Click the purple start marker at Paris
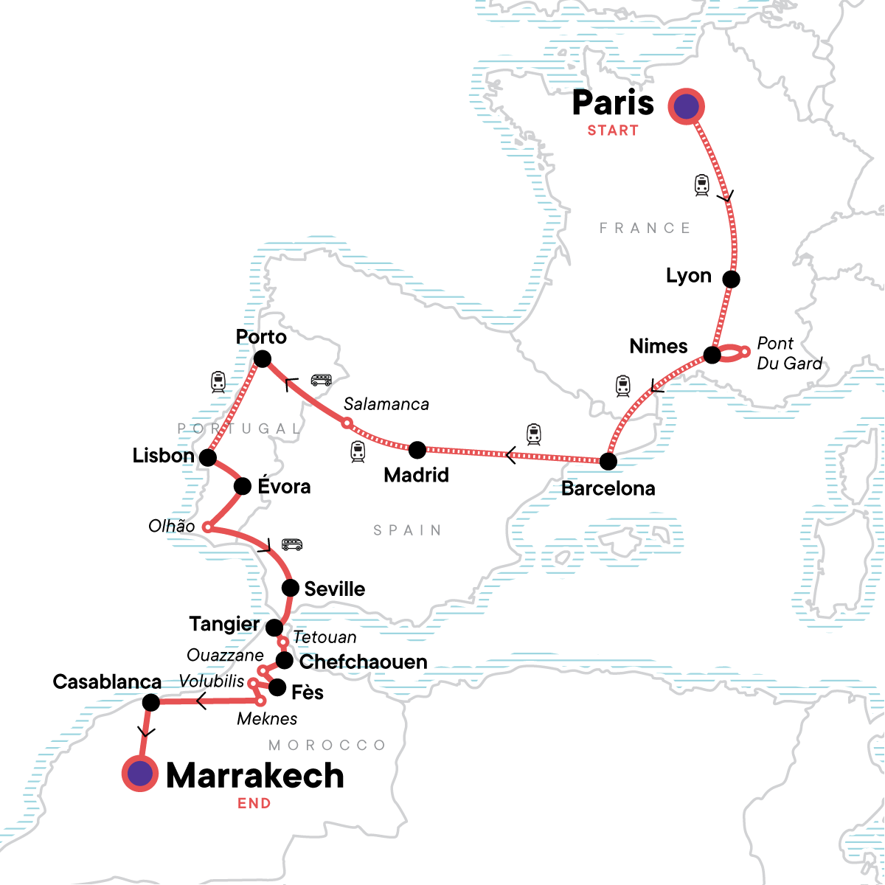click(687, 106)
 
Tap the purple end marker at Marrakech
click(140, 774)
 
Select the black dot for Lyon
click(731, 279)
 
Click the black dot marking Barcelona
click(608, 462)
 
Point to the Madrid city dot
click(417, 448)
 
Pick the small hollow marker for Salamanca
click(347, 423)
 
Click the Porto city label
click(261, 337)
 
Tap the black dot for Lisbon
click(208, 458)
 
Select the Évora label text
click(284, 487)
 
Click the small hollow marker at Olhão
click(208, 527)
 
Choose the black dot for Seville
click(291, 588)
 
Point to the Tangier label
click(224, 624)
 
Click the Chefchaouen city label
click(363, 662)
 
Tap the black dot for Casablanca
click(150, 702)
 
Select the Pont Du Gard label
click(788, 353)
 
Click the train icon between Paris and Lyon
click(701, 184)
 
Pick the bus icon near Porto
click(321, 380)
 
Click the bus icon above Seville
click(292, 545)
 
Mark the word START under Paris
click(613, 131)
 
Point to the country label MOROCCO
click(327, 745)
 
